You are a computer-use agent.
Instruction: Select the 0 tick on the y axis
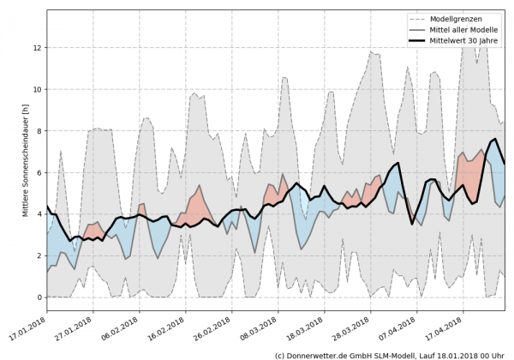tap(39, 297)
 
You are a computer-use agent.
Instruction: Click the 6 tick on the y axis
tap(39, 172)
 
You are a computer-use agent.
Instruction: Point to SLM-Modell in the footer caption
tap(394, 354)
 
